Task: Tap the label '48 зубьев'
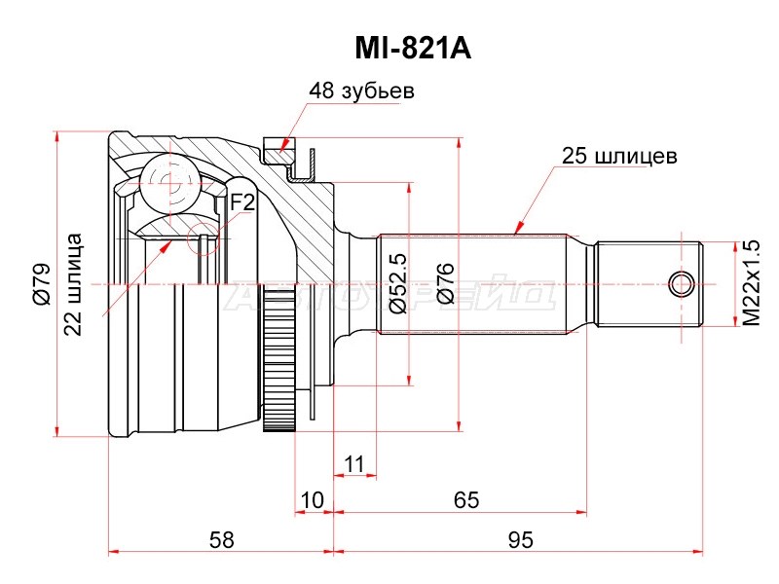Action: pos(361,91)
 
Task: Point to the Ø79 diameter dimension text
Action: pos(41,285)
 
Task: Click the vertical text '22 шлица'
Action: pos(73,285)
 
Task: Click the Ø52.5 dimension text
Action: pos(396,286)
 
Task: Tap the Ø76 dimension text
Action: pos(445,285)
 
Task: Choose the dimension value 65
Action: pos(466,500)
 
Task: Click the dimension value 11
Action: pos(354,462)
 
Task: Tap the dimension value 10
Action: pos(311,500)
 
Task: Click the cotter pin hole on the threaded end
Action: pos(683,284)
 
